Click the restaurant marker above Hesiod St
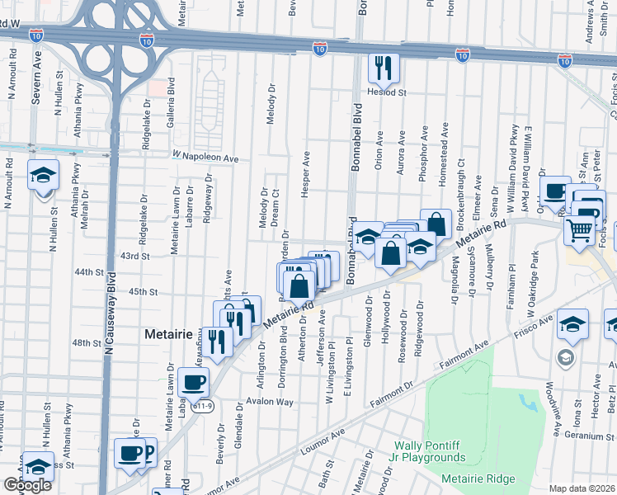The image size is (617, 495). pyautogui.click(x=384, y=68)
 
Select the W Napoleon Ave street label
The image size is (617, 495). pyautogui.click(x=205, y=157)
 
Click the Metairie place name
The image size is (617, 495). pyautogui.click(x=168, y=335)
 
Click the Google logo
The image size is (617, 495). pyautogui.click(x=27, y=485)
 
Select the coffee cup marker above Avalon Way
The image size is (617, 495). pyautogui.click(x=194, y=382)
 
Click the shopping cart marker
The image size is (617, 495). pyautogui.click(x=580, y=230)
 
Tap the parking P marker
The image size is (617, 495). pyautogui.click(x=148, y=451)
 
